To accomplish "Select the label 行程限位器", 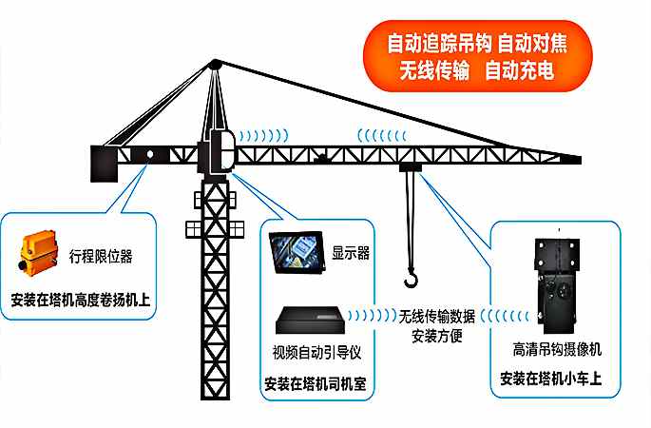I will pyautogui.click(x=101, y=256).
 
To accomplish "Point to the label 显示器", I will pyautogui.click(x=351, y=254).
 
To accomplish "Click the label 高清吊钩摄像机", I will pyautogui.click(x=557, y=349).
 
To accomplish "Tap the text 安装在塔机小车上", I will pyautogui.click(x=557, y=381).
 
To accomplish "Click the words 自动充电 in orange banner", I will pyautogui.click(x=519, y=70).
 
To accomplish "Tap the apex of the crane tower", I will pyautogui.click(x=215, y=64).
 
